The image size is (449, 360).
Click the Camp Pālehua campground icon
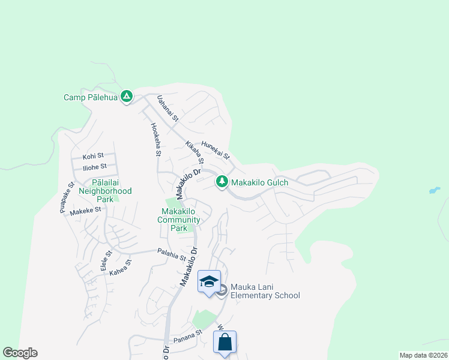pos(126,96)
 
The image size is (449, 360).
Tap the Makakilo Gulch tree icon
pos(221,181)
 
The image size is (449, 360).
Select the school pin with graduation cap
pos(209,282)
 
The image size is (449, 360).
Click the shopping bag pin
pos(224,343)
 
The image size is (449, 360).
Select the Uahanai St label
pos(168,109)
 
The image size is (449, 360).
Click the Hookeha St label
pos(155,140)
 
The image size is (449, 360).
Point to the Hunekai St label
pos(216,149)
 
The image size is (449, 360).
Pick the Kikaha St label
pos(195,154)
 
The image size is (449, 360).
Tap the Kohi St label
pos(93,155)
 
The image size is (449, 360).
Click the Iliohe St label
pos(95,166)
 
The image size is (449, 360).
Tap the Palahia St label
pos(171,255)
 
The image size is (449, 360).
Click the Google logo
pos(20,353)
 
